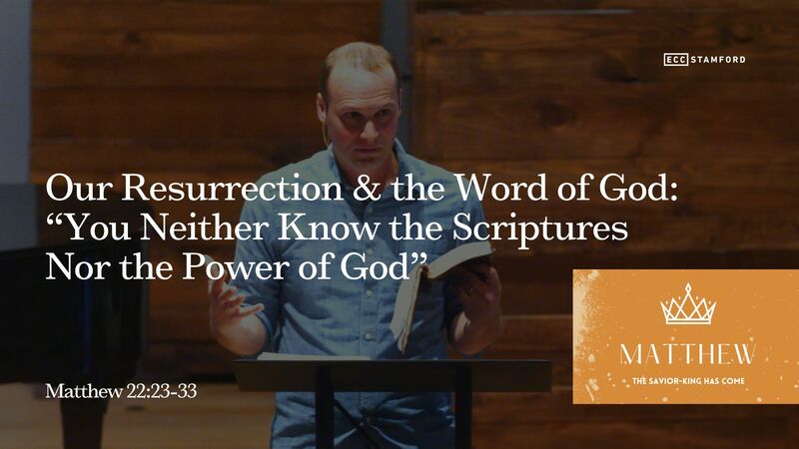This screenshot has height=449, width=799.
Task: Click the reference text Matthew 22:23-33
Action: pyautogui.click(x=121, y=391)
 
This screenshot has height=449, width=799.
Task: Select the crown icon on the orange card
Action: pyautogui.click(x=688, y=305)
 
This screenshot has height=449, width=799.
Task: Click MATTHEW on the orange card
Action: pyautogui.click(x=688, y=354)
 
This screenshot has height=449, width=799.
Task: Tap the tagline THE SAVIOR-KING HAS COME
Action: pyautogui.click(x=688, y=380)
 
